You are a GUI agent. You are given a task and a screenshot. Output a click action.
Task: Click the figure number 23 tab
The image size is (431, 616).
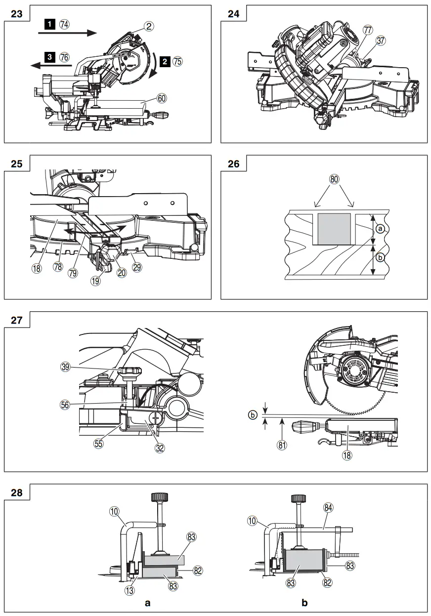(x=16, y=13)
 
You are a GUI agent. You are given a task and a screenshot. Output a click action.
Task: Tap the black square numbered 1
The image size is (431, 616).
(x=50, y=23)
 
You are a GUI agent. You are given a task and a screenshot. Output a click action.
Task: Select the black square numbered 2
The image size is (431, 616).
(x=165, y=61)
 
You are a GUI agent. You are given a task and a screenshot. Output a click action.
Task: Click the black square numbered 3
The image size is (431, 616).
(x=50, y=57)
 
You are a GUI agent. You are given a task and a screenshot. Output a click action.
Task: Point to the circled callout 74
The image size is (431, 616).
(x=64, y=23)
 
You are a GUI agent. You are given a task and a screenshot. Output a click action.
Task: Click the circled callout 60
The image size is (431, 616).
(x=162, y=98)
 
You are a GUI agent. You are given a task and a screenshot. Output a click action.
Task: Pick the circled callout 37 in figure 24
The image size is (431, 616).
(x=381, y=41)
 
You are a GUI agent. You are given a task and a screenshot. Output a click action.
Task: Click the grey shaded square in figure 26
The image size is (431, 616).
(x=335, y=229)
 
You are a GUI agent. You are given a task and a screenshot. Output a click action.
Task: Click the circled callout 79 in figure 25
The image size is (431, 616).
(x=73, y=273)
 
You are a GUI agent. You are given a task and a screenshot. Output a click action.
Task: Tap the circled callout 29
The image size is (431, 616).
(x=137, y=267)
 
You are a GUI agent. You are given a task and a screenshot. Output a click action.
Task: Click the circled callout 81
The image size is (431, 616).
(x=282, y=444)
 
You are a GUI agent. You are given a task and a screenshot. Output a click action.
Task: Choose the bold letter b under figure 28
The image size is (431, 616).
(x=304, y=603)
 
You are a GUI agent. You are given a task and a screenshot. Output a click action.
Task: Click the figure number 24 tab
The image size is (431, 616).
(x=233, y=13)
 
